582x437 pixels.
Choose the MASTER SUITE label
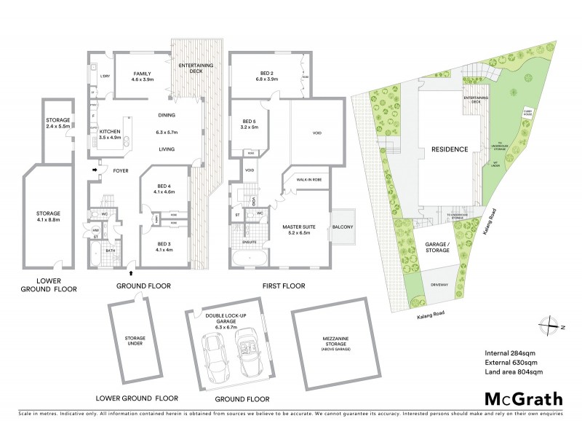click(300, 230)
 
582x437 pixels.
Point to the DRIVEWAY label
click(438, 285)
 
